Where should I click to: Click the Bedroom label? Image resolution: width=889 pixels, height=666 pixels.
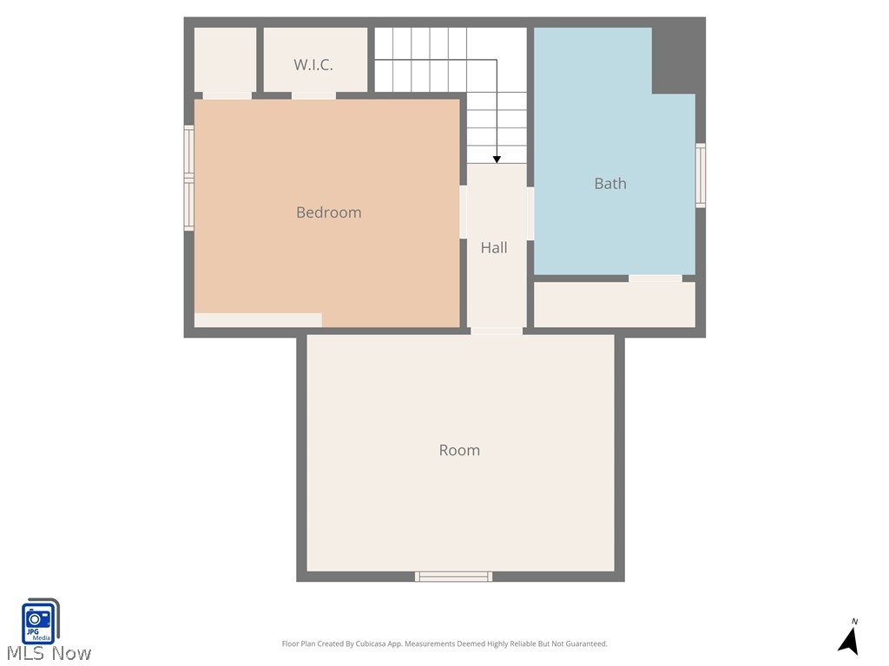(x=328, y=212)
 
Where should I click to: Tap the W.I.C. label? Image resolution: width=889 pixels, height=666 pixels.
(x=313, y=65)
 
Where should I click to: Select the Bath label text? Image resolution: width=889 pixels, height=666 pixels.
(x=610, y=183)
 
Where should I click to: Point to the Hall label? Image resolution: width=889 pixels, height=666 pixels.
(x=494, y=248)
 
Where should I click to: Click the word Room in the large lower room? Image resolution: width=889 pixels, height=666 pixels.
(x=459, y=450)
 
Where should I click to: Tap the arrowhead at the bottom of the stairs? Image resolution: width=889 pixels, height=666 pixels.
(x=497, y=159)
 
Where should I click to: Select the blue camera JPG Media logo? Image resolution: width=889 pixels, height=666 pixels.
(x=39, y=621)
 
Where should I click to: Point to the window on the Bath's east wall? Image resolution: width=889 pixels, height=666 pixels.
(x=700, y=175)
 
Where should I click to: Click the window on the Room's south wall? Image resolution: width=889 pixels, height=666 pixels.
(x=453, y=577)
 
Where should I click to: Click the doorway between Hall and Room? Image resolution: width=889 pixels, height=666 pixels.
(x=497, y=330)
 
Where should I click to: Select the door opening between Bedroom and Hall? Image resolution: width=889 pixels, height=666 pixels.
(x=464, y=212)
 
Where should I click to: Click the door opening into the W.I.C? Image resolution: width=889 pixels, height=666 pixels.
(x=313, y=95)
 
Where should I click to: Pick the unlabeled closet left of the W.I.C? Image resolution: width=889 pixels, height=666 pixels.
(x=225, y=59)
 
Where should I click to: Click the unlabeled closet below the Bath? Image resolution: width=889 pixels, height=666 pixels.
(x=615, y=305)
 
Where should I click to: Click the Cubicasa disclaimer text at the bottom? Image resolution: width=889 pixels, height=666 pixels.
(x=444, y=644)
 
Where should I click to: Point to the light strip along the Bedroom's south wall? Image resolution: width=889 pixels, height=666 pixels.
(x=258, y=320)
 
